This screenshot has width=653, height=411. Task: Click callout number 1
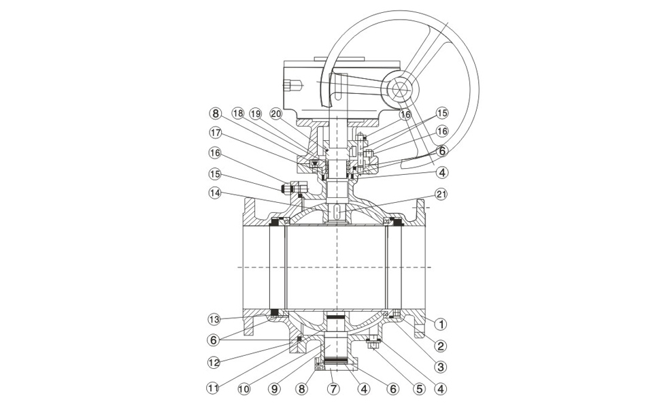(441, 323)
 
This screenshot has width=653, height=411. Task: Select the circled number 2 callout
(441, 345)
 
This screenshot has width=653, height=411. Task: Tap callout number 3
(441, 367)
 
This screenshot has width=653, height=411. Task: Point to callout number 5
(419, 389)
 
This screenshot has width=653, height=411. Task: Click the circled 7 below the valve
(333, 389)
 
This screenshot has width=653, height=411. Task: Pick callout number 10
(244, 389)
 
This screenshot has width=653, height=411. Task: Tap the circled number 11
(213, 389)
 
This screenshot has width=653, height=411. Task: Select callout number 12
(213, 362)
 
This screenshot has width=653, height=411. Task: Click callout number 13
(213, 319)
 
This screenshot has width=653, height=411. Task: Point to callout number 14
(214, 194)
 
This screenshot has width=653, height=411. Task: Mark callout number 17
(215, 133)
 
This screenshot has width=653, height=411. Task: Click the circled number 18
(237, 113)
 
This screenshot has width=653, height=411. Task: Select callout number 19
(256, 113)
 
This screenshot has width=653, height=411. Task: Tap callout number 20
(275, 113)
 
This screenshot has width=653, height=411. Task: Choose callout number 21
(441, 194)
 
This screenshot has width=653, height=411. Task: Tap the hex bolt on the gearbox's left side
(294, 86)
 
